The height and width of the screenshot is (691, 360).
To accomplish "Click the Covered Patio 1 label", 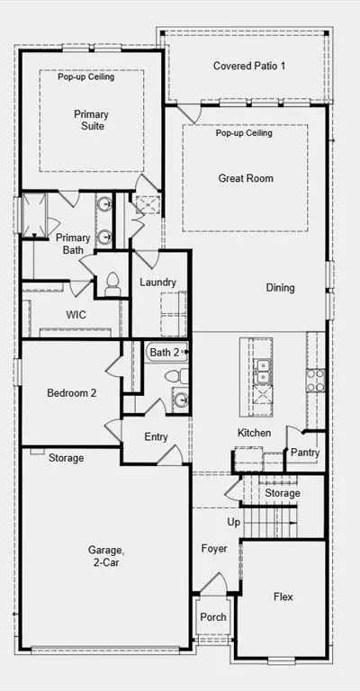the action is coord(249,66).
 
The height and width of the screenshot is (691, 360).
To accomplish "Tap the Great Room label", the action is coord(246,178).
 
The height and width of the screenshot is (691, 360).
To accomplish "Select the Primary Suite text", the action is coord(91,121).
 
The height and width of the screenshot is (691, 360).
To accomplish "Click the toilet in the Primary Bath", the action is coord(112,283).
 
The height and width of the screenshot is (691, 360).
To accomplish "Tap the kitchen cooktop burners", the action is coord(316,381).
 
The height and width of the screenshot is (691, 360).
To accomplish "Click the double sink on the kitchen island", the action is coord(263,372).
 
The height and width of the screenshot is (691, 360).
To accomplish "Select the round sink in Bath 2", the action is coord(181,399).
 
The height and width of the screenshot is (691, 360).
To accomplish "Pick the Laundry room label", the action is coord(157,282).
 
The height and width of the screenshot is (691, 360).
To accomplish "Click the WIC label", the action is coord(76,315).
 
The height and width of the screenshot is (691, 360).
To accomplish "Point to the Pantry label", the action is coord(305,453).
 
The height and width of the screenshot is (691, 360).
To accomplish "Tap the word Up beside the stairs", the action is coord(233,522).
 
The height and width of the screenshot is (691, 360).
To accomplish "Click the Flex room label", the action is coord(283,597).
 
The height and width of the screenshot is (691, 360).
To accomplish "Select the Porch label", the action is coord(213,617).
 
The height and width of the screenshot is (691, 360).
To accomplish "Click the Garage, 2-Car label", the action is coord(104,556).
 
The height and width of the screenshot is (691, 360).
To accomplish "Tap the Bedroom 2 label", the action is coord(71,392).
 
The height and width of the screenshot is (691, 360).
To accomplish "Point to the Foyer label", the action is coord(214,549).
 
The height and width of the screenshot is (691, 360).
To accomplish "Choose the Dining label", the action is coord(280,288).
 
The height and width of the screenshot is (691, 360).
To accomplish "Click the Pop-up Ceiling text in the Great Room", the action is coord(244,132).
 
